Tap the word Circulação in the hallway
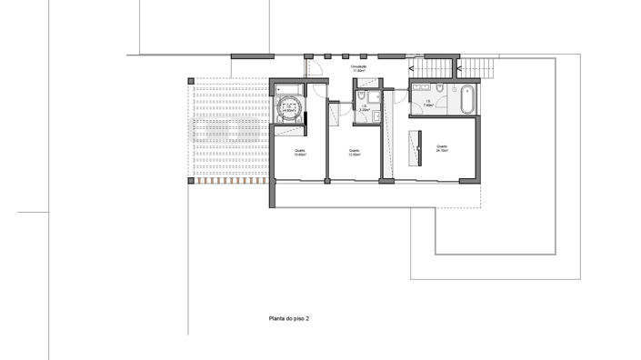point(358,65)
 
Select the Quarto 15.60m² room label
point(299,153)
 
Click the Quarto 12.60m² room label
point(354,153)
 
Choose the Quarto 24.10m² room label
point(442,148)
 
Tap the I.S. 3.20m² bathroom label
point(363,108)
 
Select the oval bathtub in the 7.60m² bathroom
point(466,99)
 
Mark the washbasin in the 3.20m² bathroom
point(375,115)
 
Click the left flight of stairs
point(434,68)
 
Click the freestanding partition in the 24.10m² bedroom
point(419,148)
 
